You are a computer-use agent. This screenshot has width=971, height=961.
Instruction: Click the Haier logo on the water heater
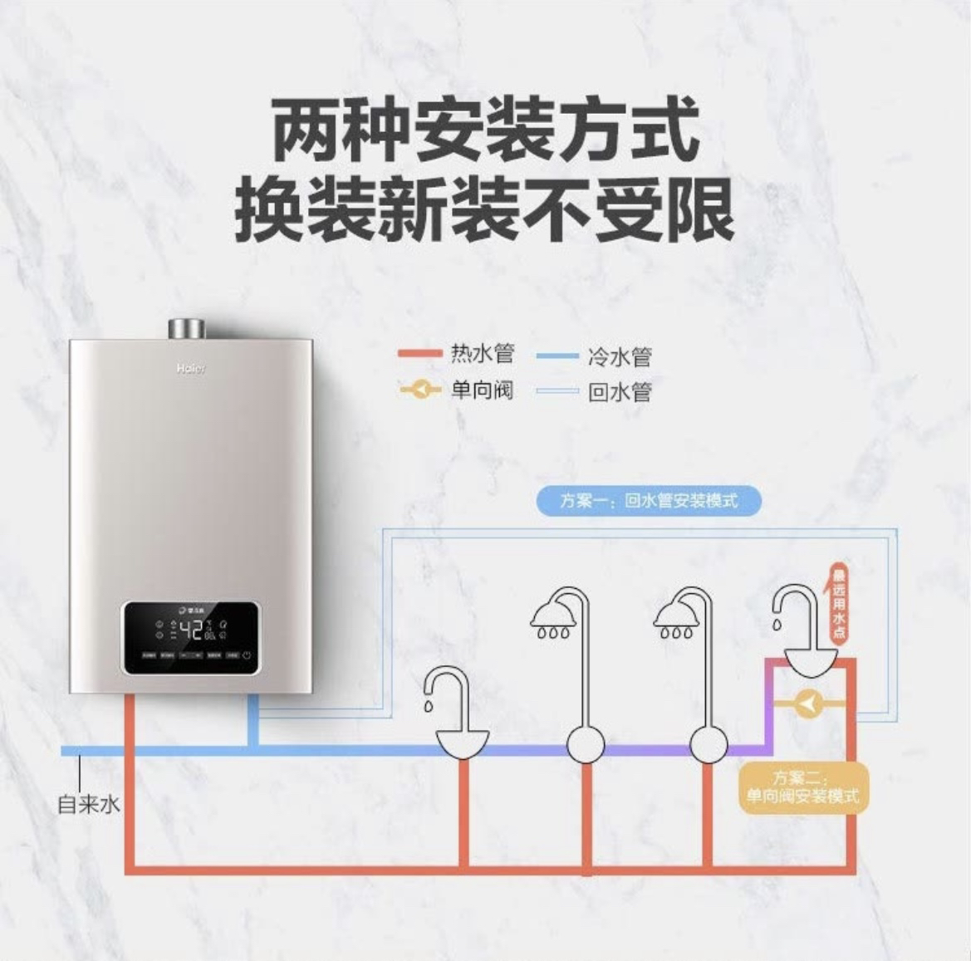[189, 369]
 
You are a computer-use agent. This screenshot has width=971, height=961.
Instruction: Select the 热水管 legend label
[483, 354]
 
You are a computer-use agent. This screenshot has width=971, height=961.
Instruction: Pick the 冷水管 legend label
[620, 358]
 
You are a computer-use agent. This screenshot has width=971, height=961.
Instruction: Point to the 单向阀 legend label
[483, 389]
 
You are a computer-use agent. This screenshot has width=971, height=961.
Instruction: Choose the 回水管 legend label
[620, 392]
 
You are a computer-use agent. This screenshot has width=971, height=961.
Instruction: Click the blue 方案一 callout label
[649, 501]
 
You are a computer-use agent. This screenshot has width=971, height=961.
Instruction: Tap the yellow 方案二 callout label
[802, 787]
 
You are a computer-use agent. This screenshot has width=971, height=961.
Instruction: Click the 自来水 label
[88, 805]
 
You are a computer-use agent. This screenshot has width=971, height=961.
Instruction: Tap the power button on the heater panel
[247, 655]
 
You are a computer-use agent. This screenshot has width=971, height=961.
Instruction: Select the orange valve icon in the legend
[421, 389]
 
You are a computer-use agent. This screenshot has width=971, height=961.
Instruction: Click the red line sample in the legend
[420, 354]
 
